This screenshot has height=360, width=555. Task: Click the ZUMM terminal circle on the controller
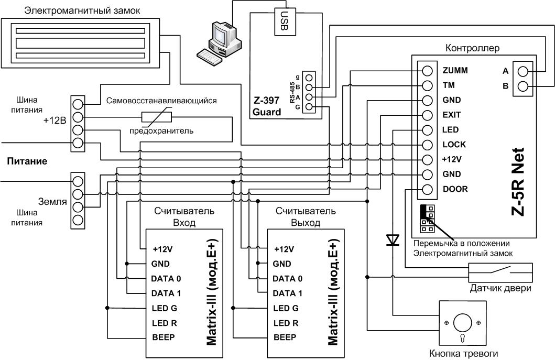(x=428, y=71)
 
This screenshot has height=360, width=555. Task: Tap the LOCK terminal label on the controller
(x=454, y=145)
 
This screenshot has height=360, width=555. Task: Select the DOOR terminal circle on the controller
(x=428, y=189)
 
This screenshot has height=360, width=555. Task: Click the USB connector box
(x=285, y=22)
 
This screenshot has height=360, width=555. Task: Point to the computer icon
(x=220, y=42)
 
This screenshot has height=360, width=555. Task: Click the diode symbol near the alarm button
(x=393, y=240)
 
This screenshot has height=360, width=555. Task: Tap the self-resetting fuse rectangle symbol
(x=157, y=117)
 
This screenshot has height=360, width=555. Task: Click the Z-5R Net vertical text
(x=518, y=181)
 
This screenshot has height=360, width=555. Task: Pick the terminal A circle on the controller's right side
(x=523, y=71)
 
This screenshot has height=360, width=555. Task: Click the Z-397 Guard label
(x=267, y=106)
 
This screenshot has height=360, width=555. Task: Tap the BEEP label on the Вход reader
(x=163, y=337)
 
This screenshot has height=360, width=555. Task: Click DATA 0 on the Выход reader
(x=287, y=279)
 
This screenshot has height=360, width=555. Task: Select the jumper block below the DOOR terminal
(x=427, y=219)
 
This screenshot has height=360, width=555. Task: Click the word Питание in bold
(x=27, y=161)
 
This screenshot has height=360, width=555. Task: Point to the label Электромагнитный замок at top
(x=82, y=10)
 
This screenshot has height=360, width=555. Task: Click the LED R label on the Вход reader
(x=164, y=323)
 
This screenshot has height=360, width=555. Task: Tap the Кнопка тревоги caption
(x=463, y=354)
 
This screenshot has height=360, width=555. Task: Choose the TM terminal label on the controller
(x=449, y=85)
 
